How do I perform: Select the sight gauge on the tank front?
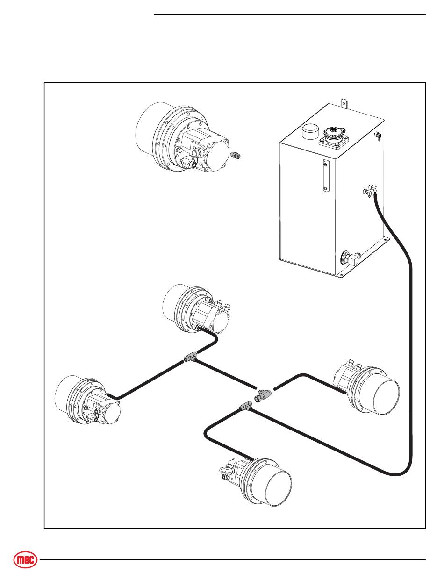pos(326,176)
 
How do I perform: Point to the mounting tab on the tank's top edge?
pos(344,104)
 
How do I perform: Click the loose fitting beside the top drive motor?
pos(235,155)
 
